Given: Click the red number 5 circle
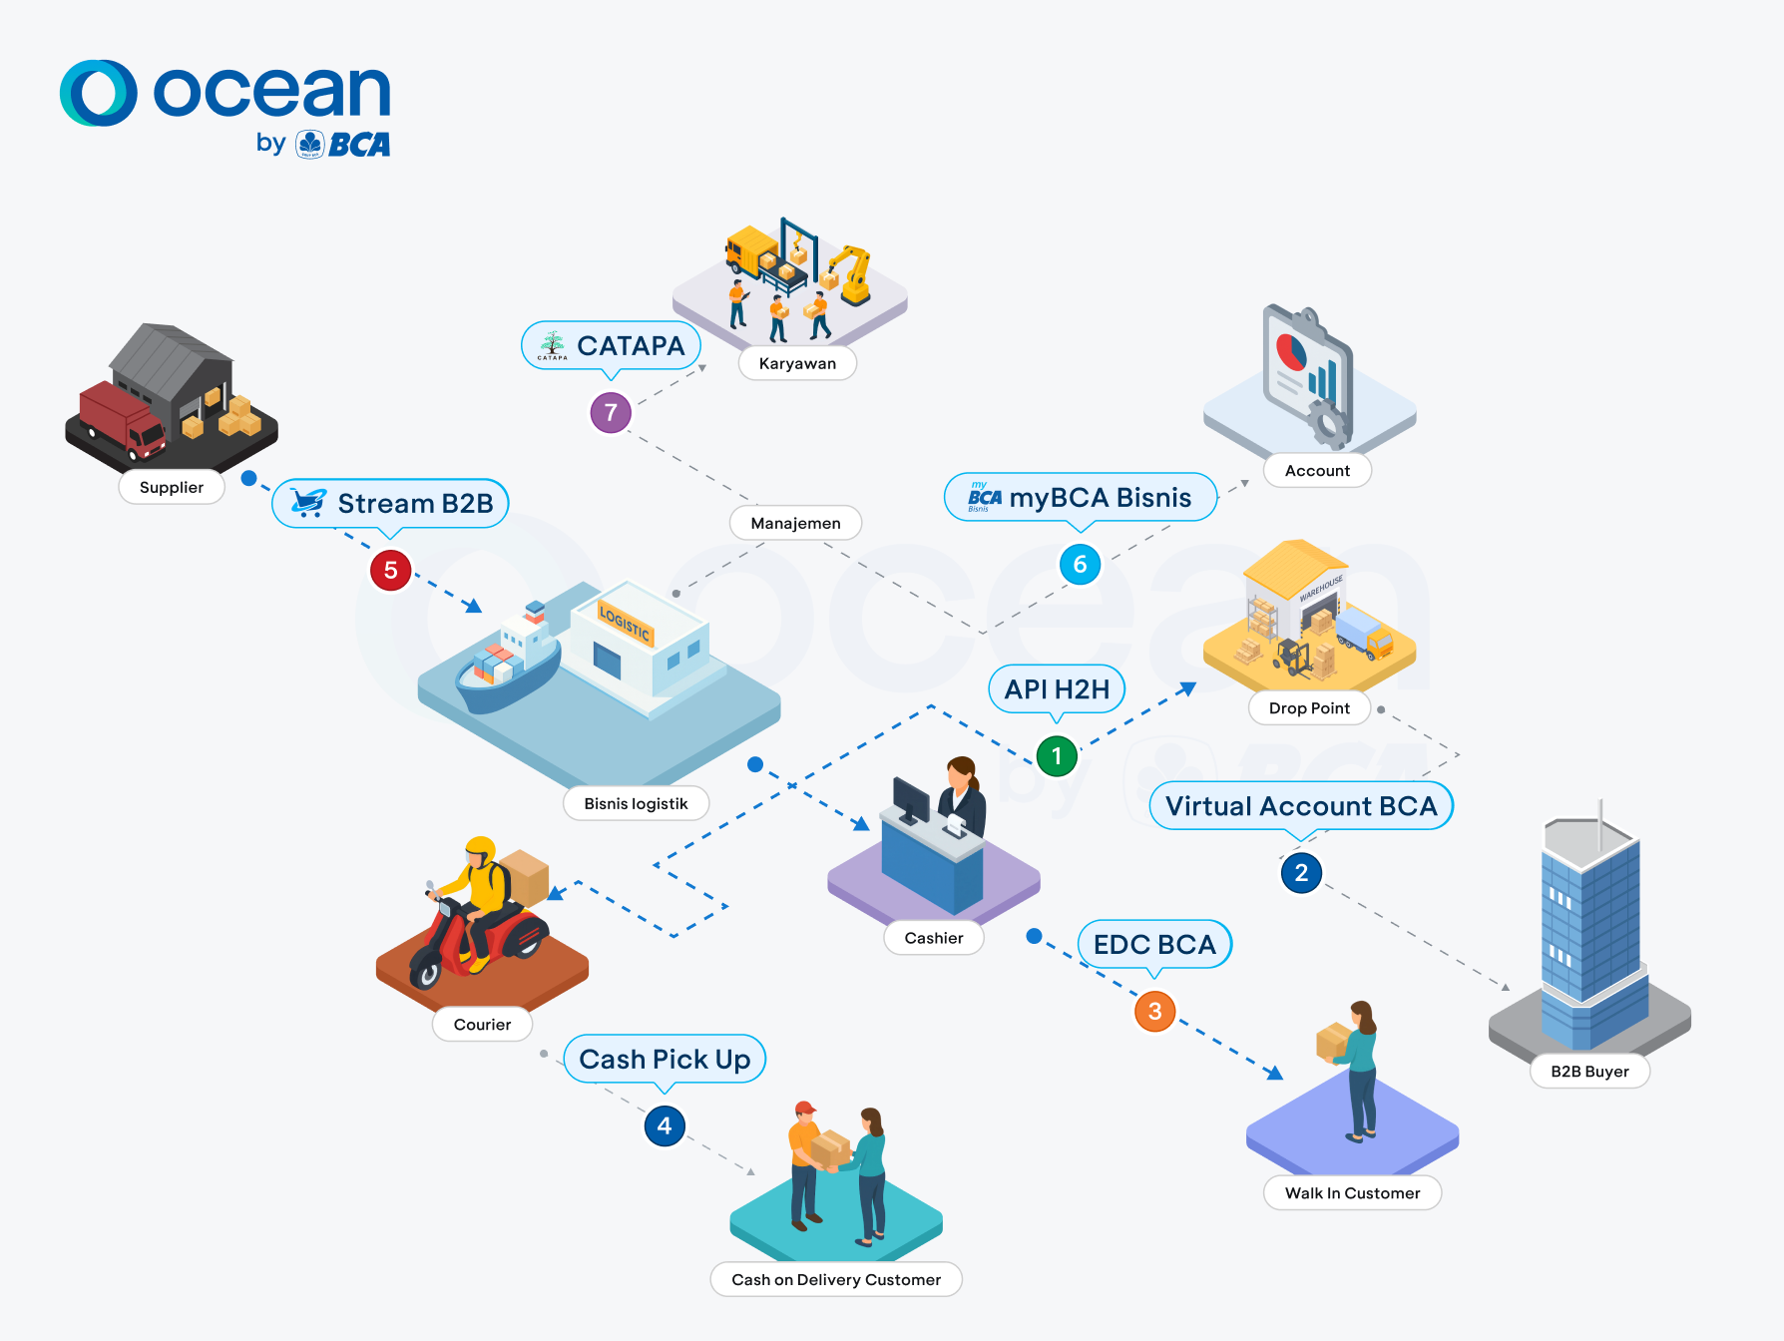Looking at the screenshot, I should coord(391,571).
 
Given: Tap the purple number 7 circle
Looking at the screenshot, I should coord(611,412).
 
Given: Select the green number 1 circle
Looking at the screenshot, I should coord(1057,756).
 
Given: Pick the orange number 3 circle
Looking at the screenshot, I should coord(1154,1012).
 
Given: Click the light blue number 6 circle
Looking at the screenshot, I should coord(1080,565).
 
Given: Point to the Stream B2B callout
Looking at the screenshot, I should coord(391,503).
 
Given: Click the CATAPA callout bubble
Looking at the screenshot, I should coord(611,346).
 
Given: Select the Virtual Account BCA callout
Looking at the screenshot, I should coord(1300,806).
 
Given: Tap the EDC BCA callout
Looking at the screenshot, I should coord(1154,945).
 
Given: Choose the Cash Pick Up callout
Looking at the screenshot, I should coord(665,1059).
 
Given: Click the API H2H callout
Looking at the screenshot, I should coord(1057,689).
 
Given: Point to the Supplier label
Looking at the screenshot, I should coord(172,487).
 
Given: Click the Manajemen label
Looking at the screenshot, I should coord(795,523).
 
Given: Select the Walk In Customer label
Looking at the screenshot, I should coord(1352,1193).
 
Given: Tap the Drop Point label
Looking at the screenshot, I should coord(1309,708).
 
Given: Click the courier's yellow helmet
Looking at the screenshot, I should coord(480,850).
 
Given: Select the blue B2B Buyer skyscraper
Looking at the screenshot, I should coord(1590,928).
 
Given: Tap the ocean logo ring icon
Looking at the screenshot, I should coord(98,93).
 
